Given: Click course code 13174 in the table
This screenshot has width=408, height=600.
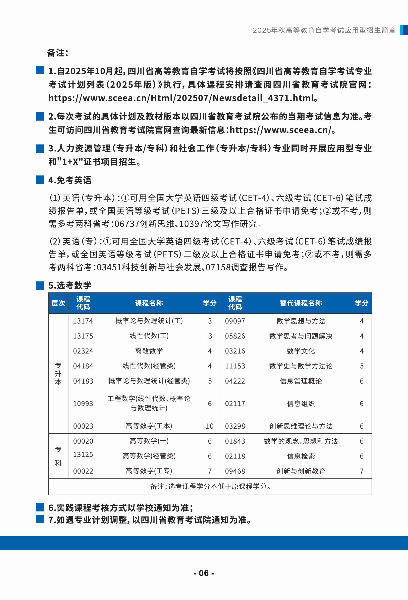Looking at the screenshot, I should [x=83, y=321].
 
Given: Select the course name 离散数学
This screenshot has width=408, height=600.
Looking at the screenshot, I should [x=149, y=351].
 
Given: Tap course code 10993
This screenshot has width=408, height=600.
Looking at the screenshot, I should [x=83, y=403].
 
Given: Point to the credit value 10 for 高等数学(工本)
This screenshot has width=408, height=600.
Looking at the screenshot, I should [x=210, y=426].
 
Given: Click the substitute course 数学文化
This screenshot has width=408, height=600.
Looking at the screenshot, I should [x=301, y=351].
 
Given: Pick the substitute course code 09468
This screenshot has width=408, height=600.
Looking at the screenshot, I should [x=235, y=471].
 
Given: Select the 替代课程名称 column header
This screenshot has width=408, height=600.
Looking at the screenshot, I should [x=301, y=303].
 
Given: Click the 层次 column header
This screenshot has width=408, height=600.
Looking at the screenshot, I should [x=58, y=303].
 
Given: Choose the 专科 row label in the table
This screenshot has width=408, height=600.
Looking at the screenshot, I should [x=58, y=456].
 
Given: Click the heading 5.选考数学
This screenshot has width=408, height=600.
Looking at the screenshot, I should [x=70, y=285].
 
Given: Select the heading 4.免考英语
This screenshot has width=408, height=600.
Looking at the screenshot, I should [x=70, y=180].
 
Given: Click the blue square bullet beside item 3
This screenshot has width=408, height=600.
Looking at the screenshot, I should [x=40, y=148].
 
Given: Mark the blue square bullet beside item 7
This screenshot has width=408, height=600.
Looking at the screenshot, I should [x=40, y=519].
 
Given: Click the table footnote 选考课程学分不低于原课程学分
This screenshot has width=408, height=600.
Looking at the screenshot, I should [x=210, y=487].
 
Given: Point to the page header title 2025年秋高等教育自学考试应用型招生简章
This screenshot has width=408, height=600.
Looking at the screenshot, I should [x=324, y=30].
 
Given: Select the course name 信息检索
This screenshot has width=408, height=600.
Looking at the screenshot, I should [x=301, y=456].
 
